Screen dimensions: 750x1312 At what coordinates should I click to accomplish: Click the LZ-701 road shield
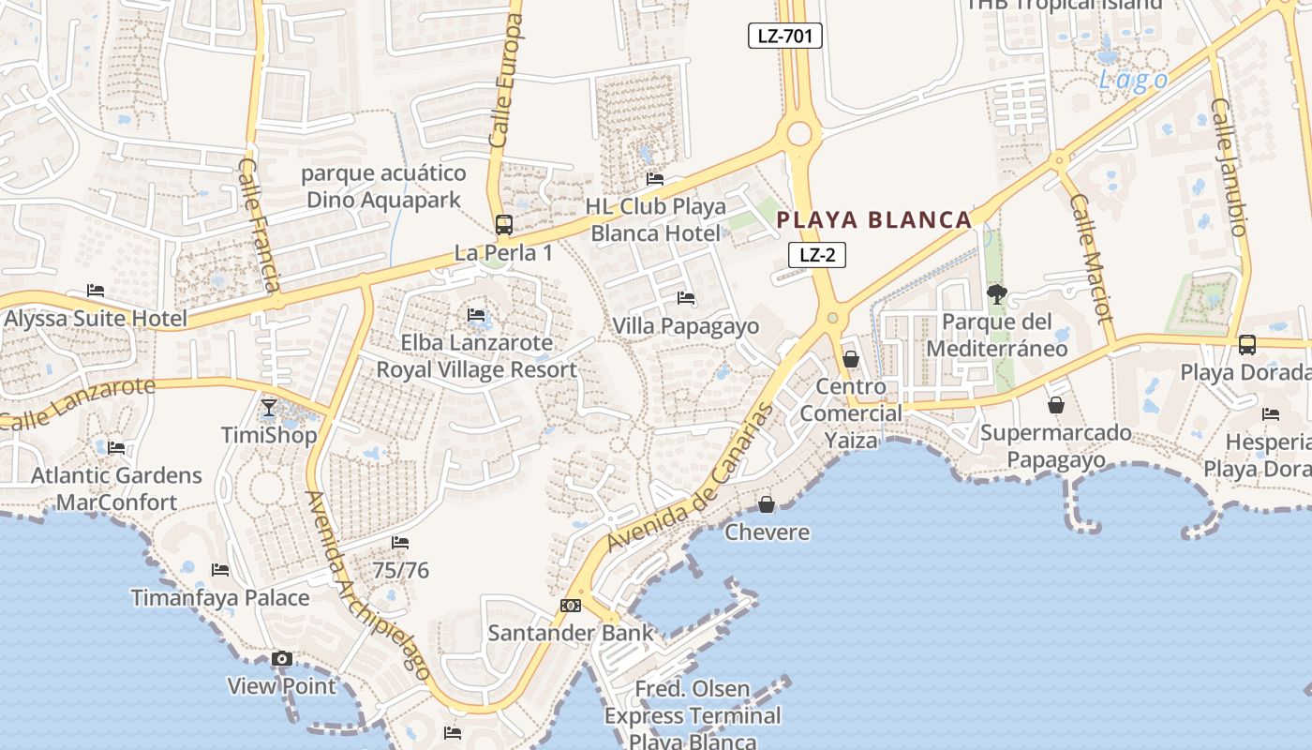[785, 37]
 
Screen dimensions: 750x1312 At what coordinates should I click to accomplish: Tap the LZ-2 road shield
[817, 254]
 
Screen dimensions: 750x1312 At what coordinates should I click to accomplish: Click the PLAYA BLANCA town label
[874, 220]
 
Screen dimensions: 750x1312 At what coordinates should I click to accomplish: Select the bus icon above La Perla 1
[504, 225]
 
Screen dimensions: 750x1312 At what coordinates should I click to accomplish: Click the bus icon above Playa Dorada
[1247, 344]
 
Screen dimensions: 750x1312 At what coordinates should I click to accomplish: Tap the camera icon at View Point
[282, 659]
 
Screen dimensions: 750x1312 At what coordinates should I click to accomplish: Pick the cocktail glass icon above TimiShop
[269, 408]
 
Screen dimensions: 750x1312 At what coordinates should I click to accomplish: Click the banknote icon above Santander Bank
[571, 606]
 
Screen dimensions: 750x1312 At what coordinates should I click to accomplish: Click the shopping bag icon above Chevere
[767, 505]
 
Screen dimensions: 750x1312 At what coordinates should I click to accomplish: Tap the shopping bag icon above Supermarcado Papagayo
[1056, 405]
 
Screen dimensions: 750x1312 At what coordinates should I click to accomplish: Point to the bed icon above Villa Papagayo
[686, 298]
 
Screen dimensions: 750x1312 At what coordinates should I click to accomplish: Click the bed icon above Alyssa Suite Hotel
[96, 291]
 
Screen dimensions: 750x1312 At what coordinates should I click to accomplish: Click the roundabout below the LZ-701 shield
[798, 134]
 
